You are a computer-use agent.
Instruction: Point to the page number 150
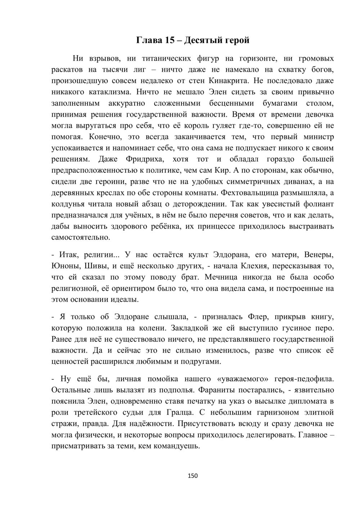point(193,476)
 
